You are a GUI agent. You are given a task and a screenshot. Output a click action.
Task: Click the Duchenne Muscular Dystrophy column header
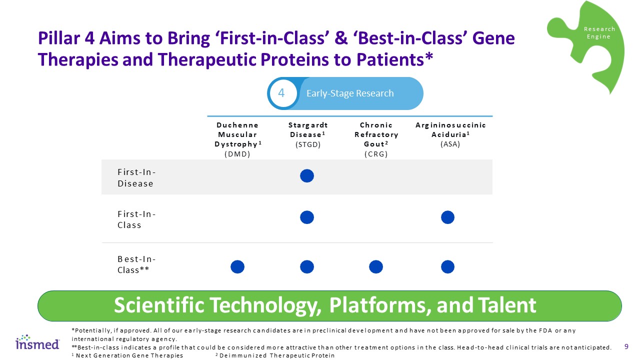pos(237,139)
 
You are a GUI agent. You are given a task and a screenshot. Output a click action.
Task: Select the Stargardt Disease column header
pos(307,134)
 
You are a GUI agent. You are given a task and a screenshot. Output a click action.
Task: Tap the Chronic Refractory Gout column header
pos(376,139)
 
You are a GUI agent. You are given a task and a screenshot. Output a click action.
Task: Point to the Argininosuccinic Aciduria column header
pos(450,134)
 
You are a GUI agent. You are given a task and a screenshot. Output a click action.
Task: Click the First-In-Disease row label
pos(136,177)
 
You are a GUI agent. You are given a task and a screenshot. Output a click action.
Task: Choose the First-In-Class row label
pos(136,219)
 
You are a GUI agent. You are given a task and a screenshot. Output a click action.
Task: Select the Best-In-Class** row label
pos(136,264)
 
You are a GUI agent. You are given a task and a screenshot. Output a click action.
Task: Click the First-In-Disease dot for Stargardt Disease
pos(307,175)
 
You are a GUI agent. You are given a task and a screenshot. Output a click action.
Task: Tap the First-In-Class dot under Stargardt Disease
pos(307,217)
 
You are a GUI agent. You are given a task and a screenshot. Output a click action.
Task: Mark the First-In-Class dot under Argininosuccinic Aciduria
pos(447,217)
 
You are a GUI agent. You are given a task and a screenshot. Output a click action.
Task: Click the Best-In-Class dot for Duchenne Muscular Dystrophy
pos(237,267)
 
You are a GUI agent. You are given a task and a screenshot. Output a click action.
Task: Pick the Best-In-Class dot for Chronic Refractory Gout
pos(376,267)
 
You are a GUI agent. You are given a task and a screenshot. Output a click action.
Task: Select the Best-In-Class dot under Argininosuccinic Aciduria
pos(447,267)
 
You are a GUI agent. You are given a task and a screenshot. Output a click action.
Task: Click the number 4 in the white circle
pos(281,93)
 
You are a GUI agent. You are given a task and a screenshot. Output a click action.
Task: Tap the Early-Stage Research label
pos(350,93)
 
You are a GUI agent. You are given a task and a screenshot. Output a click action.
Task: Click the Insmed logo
pos(37,342)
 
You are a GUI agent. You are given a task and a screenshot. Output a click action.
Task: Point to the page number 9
pos(626,346)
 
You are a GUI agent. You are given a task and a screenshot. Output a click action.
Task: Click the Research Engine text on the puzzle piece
pos(599,33)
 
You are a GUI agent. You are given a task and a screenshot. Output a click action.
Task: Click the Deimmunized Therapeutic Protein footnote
pos(275,355)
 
